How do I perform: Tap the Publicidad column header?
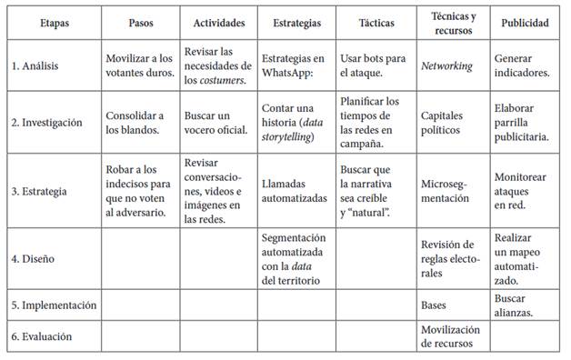[525, 23]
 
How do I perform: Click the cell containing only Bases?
[435, 305]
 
